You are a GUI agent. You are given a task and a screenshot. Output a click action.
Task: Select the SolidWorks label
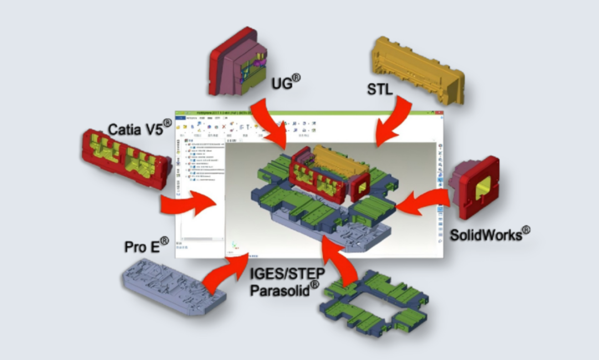tap(488, 235)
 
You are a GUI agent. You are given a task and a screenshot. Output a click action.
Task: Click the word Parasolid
tap(283, 290)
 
